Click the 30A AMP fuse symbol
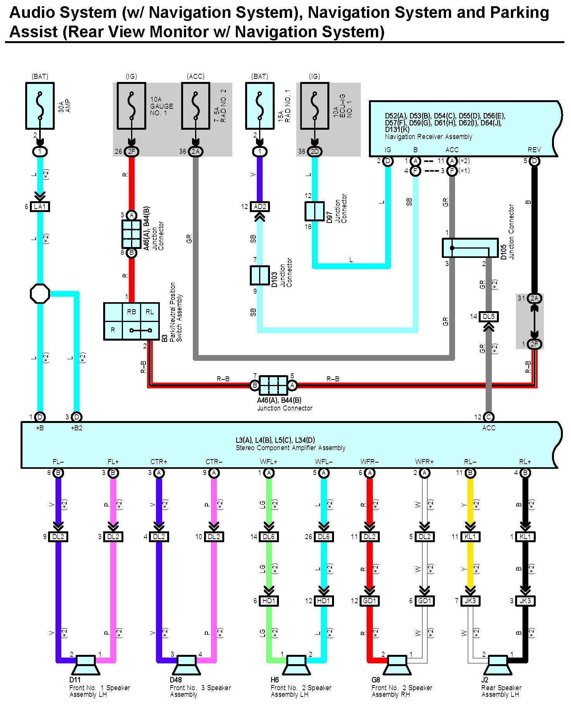40,106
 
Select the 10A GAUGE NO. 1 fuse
132,106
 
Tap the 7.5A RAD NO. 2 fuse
196,106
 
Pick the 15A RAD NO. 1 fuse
260,106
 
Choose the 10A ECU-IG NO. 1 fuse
315,106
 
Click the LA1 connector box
40,207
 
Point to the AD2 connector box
260,207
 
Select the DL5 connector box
489,317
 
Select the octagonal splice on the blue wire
40,294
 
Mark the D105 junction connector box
470,248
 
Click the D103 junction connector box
260,275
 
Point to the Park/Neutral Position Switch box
132,321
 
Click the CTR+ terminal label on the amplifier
159,462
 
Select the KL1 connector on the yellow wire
470,537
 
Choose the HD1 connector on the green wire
269,601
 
